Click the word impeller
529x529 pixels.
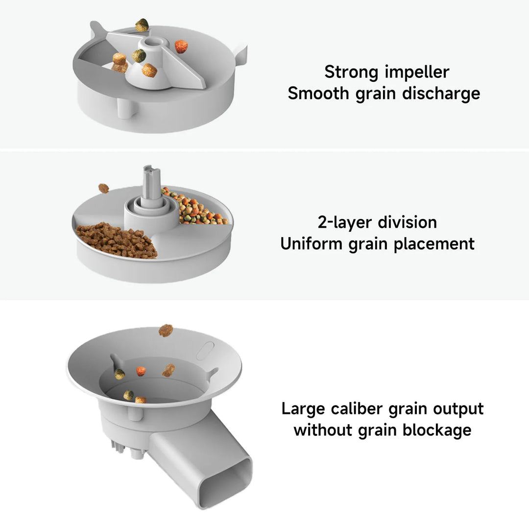417,72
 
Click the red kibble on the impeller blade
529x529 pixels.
181,47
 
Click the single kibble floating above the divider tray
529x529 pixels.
103,188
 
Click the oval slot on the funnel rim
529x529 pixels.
205,351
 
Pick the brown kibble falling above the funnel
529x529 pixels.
166,330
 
